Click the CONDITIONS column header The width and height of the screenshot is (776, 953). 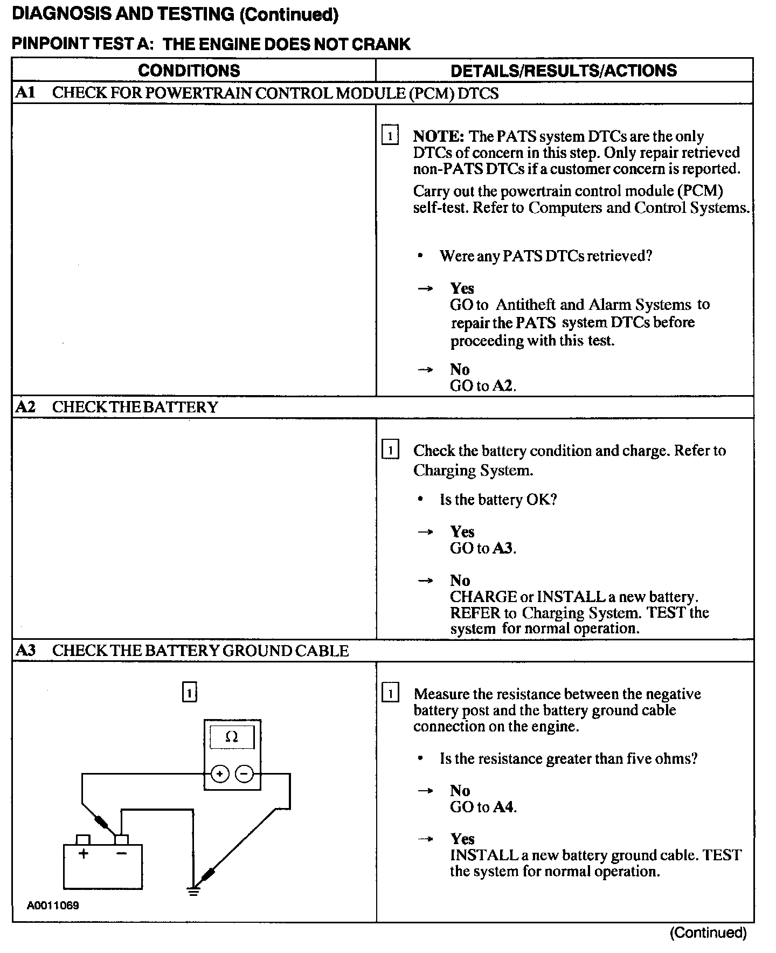[x=189, y=70]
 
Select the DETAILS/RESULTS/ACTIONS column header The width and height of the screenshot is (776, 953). [x=563, y=70]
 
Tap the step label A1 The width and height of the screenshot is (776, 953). [x=25, y=93]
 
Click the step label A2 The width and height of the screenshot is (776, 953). [x=25, y=406]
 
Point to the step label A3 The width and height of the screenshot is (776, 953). [x=25, y=650]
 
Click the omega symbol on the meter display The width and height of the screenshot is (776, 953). [x=232, y=737]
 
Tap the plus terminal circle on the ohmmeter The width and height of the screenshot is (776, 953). [x=219, y=774]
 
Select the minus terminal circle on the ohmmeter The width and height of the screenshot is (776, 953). [x=244, y=774]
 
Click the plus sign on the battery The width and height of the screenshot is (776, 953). [x=84, y=854]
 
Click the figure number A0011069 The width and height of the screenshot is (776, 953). [x=53, y=906]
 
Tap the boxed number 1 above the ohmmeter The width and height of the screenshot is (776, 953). [x=190, y=692]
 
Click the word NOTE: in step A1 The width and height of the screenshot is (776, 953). [x=438, y=136]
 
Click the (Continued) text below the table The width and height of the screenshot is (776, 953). [x=708, y=933]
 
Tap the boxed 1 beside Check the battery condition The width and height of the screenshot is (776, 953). [x=390, y=450]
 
